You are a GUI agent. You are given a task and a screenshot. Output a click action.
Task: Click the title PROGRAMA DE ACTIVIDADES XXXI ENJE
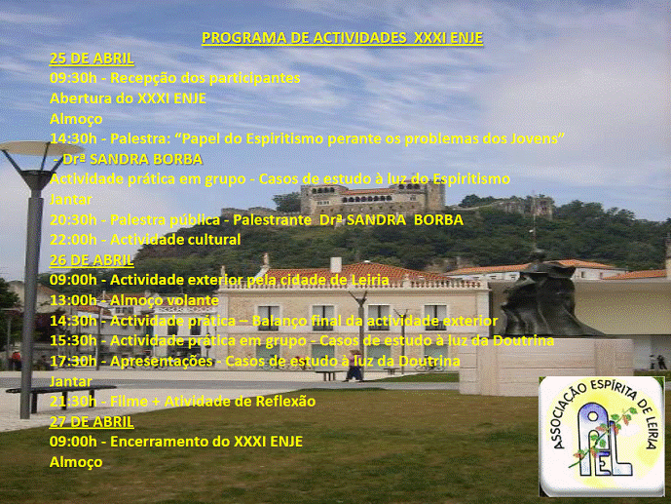(343, 38)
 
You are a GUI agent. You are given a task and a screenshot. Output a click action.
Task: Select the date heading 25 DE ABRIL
(92, 58)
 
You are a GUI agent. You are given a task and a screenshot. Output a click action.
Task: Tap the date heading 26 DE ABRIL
(92, 260)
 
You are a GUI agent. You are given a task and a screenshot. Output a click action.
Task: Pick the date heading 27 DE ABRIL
(92, 422)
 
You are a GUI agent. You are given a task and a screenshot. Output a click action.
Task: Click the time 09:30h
(73, 78)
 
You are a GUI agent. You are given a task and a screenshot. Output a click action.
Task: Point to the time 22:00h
(73, 240)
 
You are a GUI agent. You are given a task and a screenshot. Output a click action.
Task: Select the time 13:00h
(73, 300)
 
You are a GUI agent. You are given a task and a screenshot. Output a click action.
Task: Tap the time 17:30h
(73, 362)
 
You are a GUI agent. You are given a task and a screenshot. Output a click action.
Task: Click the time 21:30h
(73, 402)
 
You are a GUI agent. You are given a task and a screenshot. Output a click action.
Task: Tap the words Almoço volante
(165, 300)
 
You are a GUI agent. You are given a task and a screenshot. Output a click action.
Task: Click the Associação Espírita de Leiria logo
(602, 437)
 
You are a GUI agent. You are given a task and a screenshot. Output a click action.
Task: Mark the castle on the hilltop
(371, 198)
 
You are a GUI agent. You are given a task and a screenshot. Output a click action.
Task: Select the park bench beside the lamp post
(60, 397)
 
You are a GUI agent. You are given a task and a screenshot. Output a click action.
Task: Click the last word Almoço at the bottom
(76, 462)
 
